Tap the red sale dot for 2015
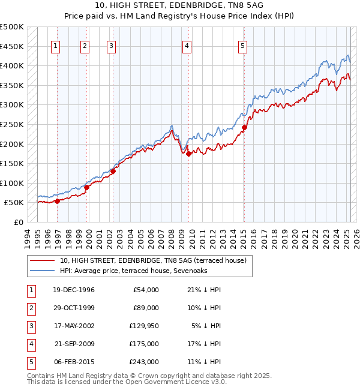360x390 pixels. click(x=244, y=127)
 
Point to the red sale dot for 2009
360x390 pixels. click(x=188, y=154)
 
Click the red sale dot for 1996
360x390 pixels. click(x=58, y=201)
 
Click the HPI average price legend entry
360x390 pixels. click(x=143, y=271)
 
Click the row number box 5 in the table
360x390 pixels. click(x=29, y=362)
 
